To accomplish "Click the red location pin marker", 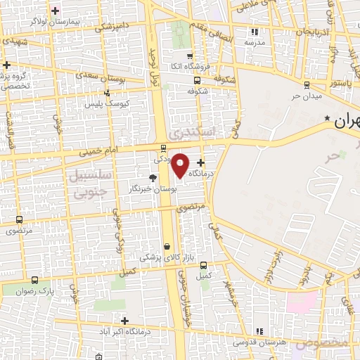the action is point(181,165).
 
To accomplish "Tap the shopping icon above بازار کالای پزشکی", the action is point(167,246).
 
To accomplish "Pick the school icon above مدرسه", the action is point(255,32).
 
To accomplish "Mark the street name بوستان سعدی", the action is point(101,75).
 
